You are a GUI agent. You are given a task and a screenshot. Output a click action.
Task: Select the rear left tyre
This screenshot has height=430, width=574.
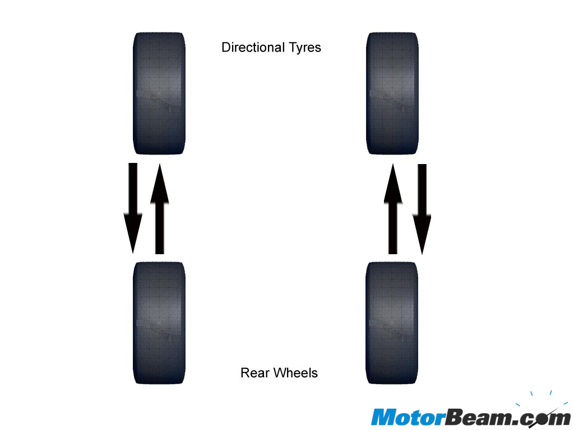click(159, 322)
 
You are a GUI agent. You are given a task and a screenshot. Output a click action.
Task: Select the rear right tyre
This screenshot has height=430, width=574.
click(391, 322)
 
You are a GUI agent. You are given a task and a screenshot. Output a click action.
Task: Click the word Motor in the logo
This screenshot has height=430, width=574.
click(404, 417)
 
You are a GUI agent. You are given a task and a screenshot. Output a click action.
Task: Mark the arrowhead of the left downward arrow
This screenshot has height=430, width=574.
click(133, 238)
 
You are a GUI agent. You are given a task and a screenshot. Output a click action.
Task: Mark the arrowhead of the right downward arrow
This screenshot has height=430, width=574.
click(422, 238)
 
